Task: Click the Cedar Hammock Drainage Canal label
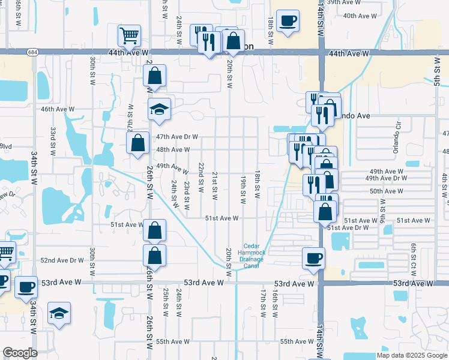point(259,256)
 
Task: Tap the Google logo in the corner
point(20,353)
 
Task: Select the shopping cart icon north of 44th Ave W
point(129,36)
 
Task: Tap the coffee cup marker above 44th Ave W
point(288,21)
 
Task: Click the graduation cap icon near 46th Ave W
point(160,109)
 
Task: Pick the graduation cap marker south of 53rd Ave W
point(59,313)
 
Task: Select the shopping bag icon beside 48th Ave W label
point(137,143)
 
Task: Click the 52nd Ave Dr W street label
point(62,260)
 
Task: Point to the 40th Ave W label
point(360,15)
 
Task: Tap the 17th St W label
point(263,303)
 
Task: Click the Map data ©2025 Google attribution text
point(412,355)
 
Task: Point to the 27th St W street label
point(130,116)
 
